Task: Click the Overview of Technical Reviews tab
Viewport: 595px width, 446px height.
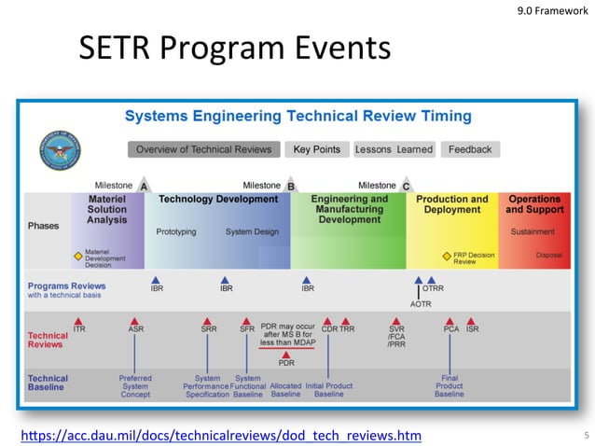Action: click(x=203, y=149)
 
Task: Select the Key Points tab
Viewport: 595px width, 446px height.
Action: click(x=316, y=149)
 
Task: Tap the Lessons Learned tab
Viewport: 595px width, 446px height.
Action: click(x=394, y=149)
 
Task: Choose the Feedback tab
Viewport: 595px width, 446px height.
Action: click(x=470, y=149)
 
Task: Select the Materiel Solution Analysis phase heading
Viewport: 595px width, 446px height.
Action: click(x=107, y=210)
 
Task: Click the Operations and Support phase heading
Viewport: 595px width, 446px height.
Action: click(x=534, y=204)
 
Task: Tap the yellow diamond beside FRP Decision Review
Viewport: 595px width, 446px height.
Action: click(x=446, y=255)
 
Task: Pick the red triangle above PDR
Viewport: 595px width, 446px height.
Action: click(x=286, y=354)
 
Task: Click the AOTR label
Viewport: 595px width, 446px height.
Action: click(x=421, y=304)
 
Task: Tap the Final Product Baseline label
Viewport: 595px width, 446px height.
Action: click(x=450, y=386)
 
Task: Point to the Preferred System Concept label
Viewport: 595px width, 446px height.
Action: click(x=135, y=386)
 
